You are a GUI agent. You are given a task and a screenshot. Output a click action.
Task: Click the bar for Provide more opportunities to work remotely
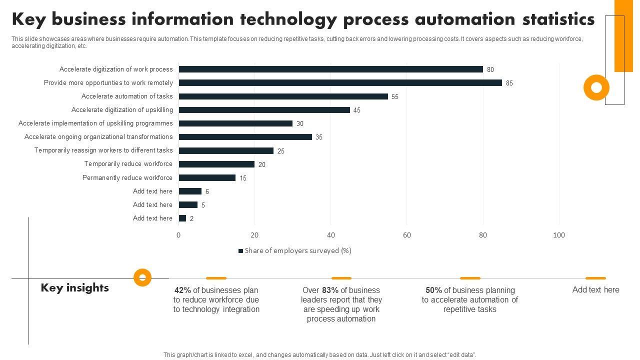pyautogui.click(x=340, y=83)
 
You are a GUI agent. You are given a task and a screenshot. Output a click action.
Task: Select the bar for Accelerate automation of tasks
pyautogui.click(x=283, y=96)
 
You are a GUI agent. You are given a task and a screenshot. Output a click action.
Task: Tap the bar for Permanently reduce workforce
pyautogui.click(x=207, y=177)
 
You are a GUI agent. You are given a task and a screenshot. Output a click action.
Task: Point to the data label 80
pyautogui.click(x=490, y=70)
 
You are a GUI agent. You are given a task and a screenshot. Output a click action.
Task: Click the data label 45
pyautogui.click(x=357, y=110)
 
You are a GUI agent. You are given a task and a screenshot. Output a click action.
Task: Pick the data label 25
pyautogui.click(x=281, y=151)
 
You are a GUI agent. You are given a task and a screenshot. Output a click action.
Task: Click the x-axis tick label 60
pyautogui.click(x=407, y=235)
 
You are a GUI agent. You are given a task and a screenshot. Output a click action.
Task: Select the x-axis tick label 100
pyautogui.click(x=559, y=235)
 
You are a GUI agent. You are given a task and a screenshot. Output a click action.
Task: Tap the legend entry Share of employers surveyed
pyautogui.click(x=295, y=251)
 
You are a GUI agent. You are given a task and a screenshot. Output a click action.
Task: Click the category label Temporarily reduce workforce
pyautogui.click(x=128, y=164)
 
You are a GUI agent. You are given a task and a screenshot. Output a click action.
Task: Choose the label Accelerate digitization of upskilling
pyautogui.click(x=122, y=110)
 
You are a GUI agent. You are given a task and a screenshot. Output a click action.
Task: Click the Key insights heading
pyautogui.click(x=75, y=288)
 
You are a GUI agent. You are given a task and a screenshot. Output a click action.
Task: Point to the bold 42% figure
pyautogui.click(x=183, y=290)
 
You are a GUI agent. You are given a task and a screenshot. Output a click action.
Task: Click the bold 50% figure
pyautogui.click(x=433, y=290)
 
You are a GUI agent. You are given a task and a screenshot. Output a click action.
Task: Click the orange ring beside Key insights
pyautogui.click(x=142, y=277)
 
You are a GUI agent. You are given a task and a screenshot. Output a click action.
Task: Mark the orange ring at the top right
pyautogui.click(x=596, y=87)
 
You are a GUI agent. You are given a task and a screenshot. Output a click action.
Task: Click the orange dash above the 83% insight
pyautogui.click(x=341, y=278)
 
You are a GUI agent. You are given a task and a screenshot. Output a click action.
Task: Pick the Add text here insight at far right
pyautogui.click(x=595, y=290)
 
